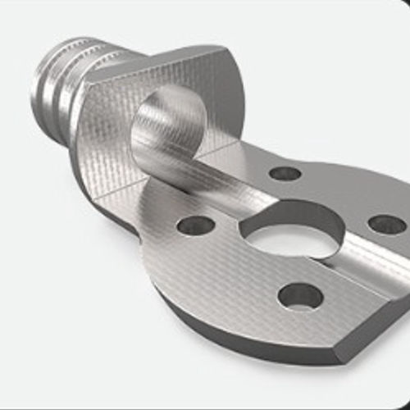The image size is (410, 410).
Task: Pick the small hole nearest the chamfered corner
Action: tap(299, 295)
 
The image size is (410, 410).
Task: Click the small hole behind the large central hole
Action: tap(285, 173)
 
